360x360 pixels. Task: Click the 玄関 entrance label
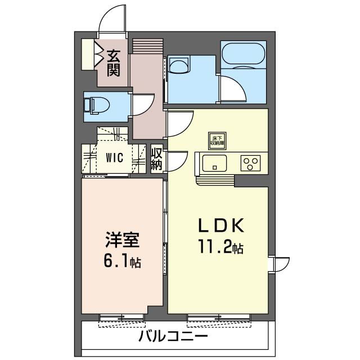click(x=114, y=62)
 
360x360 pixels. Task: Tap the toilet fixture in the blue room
click(x=90, y=105)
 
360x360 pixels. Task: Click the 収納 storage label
click(x=157, y=159)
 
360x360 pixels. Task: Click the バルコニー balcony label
click(x=174, y=337)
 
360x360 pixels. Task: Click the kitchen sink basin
click(x=213, y=164)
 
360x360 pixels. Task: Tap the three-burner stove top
click(x=250, y=163)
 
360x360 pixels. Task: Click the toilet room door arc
click(x=144, y=105)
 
